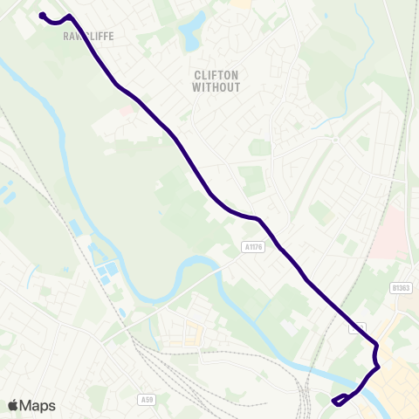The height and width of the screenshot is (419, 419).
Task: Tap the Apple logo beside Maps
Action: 13,405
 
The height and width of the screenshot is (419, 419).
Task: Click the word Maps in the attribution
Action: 38,405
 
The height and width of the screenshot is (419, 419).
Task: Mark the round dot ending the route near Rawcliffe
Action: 42,14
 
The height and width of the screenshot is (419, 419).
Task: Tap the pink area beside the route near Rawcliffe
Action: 127,111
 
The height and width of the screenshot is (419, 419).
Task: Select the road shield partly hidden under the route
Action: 358,328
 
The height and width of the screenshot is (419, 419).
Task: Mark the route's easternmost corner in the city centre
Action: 378,367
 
